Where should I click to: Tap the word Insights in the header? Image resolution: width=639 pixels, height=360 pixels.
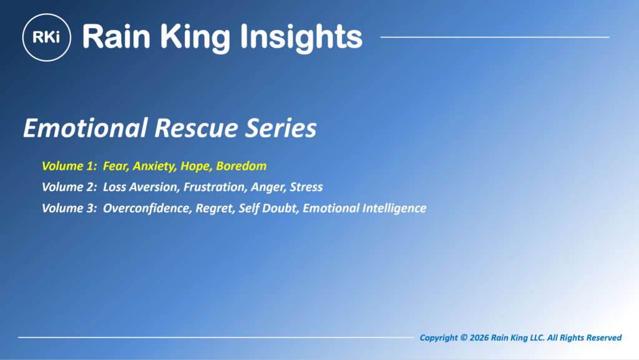tap(301, 37)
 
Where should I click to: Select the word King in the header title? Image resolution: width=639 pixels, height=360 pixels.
tap(195, 38)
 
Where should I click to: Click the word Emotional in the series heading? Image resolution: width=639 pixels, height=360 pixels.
tap(85, 128)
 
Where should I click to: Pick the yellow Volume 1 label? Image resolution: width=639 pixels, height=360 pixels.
tap(69, 166)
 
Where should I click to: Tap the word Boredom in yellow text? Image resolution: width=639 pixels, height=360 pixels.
tap(241, 166)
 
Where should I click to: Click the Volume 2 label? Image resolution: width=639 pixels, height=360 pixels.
tap(69, 187)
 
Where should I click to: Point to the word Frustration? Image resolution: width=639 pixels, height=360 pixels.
tap(215, 187)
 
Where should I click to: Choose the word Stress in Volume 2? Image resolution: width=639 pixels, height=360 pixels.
tap(306, 187)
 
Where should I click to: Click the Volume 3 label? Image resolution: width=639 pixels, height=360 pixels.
tap(69, 208)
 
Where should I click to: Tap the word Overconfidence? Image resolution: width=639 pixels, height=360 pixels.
tap(147, 208)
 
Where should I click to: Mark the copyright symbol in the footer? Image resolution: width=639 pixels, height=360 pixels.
tap(464, 338)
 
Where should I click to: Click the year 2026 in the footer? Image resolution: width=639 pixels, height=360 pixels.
tap(479, 338)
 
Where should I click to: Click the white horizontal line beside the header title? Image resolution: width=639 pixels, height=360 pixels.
tap(495, 37)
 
